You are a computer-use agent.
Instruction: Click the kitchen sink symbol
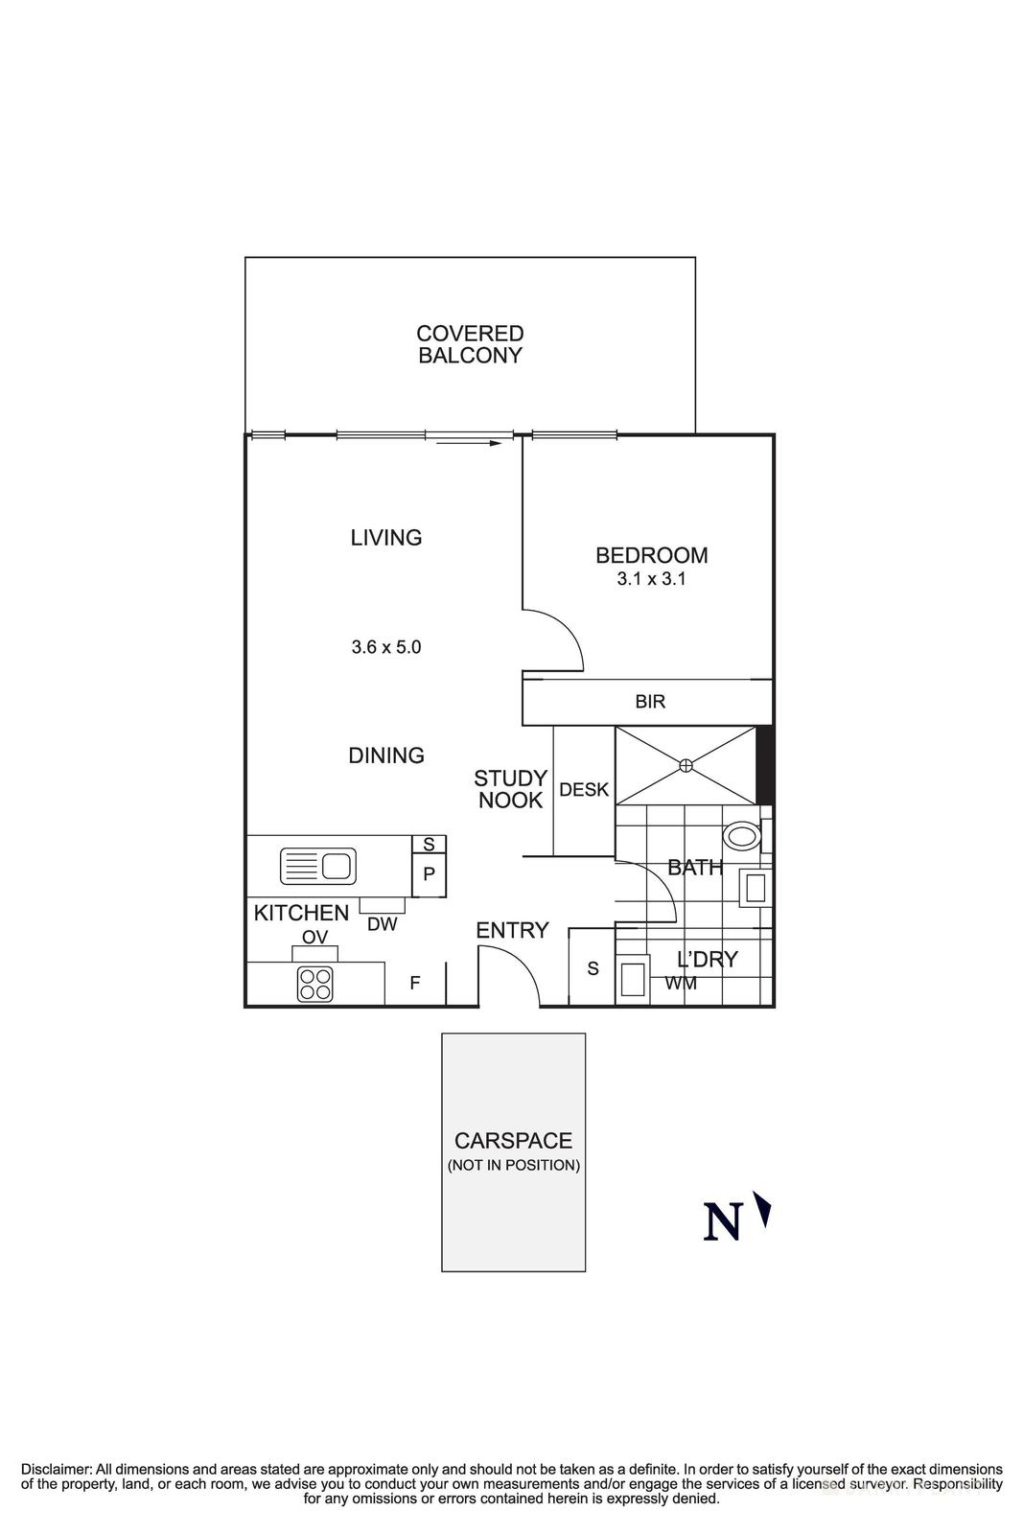[x=318, y=866]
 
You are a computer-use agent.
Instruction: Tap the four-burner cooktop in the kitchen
[x=315, y=984]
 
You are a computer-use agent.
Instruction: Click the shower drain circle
[x=686, y=765]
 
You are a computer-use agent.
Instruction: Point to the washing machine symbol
[x=632, y=980]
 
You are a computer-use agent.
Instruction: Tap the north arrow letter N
[x=723, y=1222]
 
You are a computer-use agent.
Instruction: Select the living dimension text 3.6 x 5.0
[x=385, y=647]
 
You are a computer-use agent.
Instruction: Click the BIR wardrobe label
[x=650, y=702]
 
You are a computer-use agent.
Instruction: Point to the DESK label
[x=584, y=790]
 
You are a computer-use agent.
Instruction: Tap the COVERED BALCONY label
[x=470, y=344]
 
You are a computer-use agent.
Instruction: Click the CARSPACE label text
[x=513, y=1141]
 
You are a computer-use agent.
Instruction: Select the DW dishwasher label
[x=382, y=925]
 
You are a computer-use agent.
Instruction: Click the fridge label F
[x=415, y=983]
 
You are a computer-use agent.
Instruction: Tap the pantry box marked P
[x=429, y=873]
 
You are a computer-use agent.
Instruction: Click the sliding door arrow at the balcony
[x=471, y=443]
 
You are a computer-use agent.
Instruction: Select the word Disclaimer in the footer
[x=55, y=1469]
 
